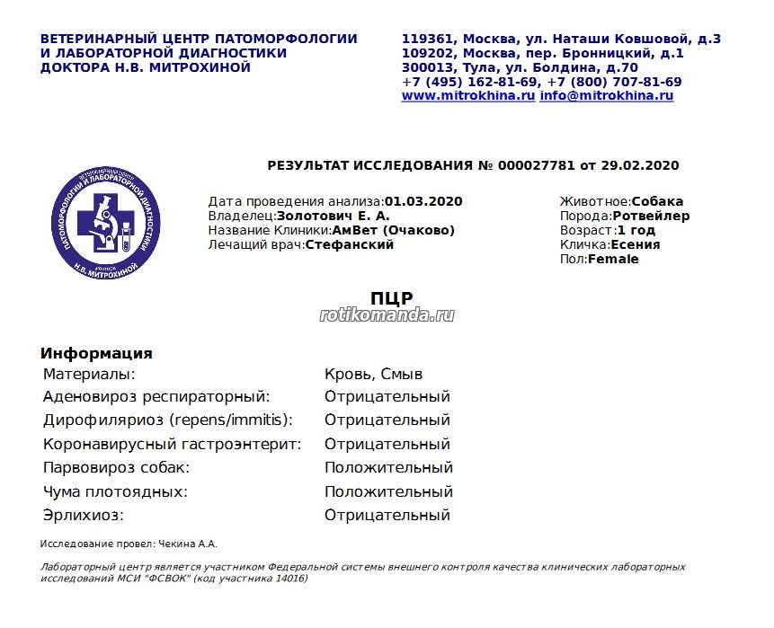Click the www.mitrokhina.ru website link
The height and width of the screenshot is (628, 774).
[468, 96]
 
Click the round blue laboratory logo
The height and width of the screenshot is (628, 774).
[107, 221]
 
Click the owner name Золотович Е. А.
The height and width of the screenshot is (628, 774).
[334, 216]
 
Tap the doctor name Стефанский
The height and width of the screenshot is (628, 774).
[350, 244]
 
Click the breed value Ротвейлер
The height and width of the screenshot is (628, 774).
[651, 216]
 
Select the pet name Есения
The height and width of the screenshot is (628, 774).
[636, 244]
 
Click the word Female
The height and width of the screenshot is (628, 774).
[613, 259]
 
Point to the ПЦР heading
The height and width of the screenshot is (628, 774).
[391, 298]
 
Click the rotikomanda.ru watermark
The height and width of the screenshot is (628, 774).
[387, 315]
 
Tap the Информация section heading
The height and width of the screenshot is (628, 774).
[96, 353]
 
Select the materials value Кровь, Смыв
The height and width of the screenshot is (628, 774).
[373, 374]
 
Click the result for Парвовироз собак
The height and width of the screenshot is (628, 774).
[388, 468]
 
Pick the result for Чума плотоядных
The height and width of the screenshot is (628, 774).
[388, 492]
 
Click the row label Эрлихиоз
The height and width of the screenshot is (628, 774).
[83, 516]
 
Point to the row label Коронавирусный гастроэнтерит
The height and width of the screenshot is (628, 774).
[172, 445]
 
